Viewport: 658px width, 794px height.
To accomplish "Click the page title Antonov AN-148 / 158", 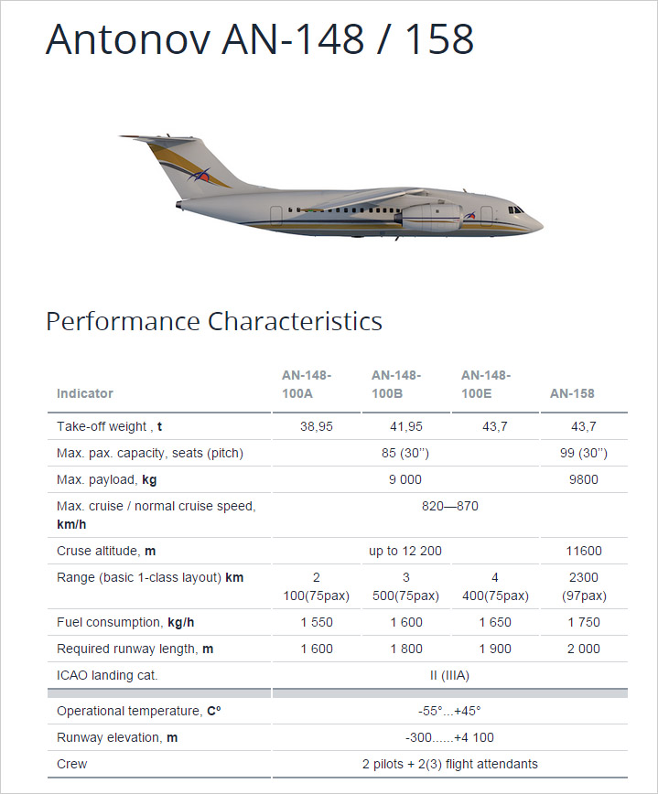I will pyautogui.click(x=259, y=39).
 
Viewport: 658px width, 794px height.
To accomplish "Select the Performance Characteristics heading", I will pyautogui.click(x=214, y=321).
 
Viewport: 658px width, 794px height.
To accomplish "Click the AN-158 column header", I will pyautogui.click(x=572, y=393).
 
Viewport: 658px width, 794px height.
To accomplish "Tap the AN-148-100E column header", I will pyautogui.click(x=486, y=384).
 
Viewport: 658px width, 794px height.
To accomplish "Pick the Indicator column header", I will pyautogui.click(x=85, y=393).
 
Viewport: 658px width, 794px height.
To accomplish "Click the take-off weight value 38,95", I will pyautogui.click(x=317, y=426).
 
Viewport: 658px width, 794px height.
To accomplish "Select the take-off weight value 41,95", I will pyautogui.click(x=405, y=426).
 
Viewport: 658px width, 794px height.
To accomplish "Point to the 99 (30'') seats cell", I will pyautogui.click(x=583, y=453).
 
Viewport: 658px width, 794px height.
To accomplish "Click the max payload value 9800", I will pyautogui.click(x=583, y=479).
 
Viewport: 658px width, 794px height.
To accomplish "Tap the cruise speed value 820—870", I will pyautogui.click(x=449, y=506).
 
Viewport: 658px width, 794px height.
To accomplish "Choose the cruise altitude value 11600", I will pyautogui.click(x=583, y=551).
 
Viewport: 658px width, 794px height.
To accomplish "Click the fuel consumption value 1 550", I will pyautogui.click(x=317, y=622).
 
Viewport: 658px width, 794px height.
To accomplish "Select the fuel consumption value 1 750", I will pyautogui.click(x=583, y=622).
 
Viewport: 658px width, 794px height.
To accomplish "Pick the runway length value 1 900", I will pyautogui.click(x=495, y=649).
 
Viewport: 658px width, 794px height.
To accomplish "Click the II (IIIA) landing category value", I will pyautogui.click(x=449, y=675).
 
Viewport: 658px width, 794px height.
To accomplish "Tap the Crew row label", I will pyautogui.click(x=72, y=764).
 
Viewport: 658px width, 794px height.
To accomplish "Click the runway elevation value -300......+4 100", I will pyautogui.click(x=449, y=737).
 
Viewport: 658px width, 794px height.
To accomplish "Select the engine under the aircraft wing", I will pyautogui.click(x=424, y=217).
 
